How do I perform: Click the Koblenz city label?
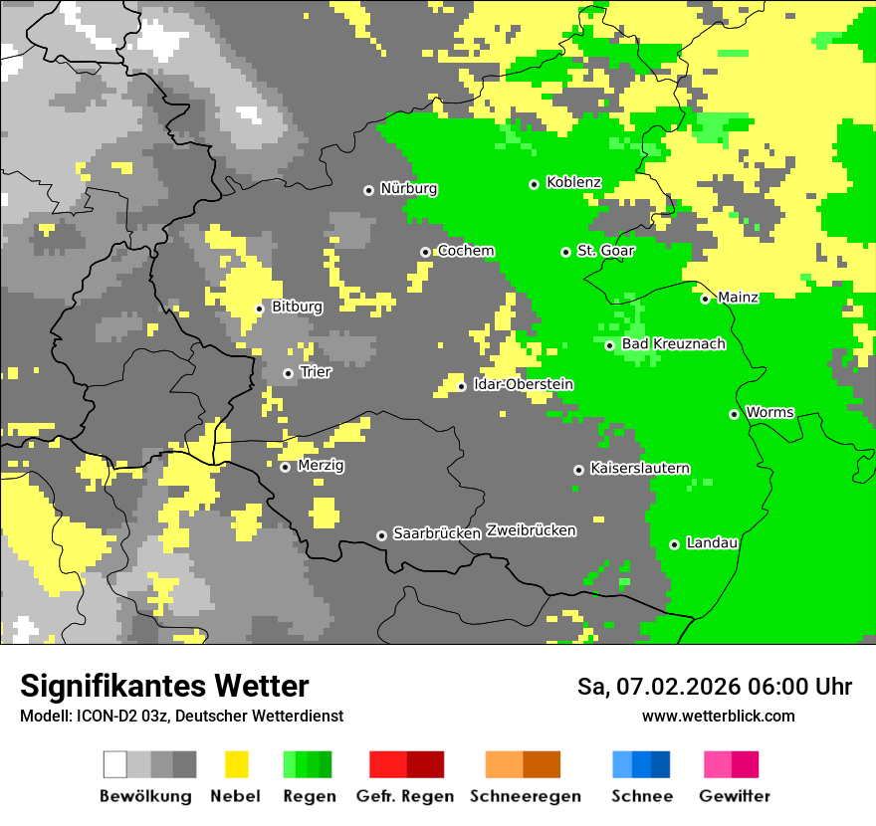click(573, 182)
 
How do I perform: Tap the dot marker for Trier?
click(289, 373)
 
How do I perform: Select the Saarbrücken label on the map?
click(437, 533)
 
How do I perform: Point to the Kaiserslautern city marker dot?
click(578, 470)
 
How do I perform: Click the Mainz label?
click(738, 298)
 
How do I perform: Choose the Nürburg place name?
click(408, 188)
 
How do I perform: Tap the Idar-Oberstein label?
click(524, 384)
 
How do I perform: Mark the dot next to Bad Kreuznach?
click(610, 345)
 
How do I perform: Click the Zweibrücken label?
click(531, 530)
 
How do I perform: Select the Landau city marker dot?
click(675, 544)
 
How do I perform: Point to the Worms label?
click(769, 412)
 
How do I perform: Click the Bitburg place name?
click(297, 307)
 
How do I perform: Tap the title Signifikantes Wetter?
click(164, 686)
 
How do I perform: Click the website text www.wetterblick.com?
click(718, 716)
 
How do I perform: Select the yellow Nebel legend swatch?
click(237, 764)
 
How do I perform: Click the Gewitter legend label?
click(734, 796)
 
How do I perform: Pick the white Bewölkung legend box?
click(115, 764)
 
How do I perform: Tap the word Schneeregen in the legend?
click(525, 796)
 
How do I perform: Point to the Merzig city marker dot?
click(285, 467)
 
